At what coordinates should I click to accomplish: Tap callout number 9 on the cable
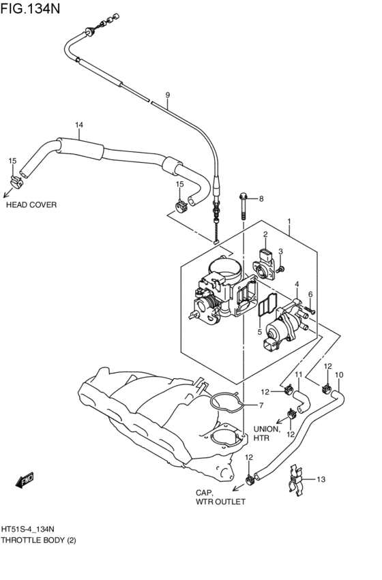[167, 95]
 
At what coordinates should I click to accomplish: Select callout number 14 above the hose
[79, 125]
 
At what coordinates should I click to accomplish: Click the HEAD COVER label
[31, 204]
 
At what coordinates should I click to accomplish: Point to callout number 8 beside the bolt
[260, 198]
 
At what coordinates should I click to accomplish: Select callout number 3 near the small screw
[280, 251]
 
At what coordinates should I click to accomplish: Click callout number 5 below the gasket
[259, 332]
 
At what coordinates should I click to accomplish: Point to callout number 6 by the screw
[310, 294]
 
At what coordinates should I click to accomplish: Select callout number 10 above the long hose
[339, 374]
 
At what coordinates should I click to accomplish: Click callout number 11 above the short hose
[298, 375]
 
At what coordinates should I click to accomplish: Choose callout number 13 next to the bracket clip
[321, 479]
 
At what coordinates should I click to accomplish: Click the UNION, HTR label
[267, 433]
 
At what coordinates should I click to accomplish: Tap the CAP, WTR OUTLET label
[220, 497]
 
